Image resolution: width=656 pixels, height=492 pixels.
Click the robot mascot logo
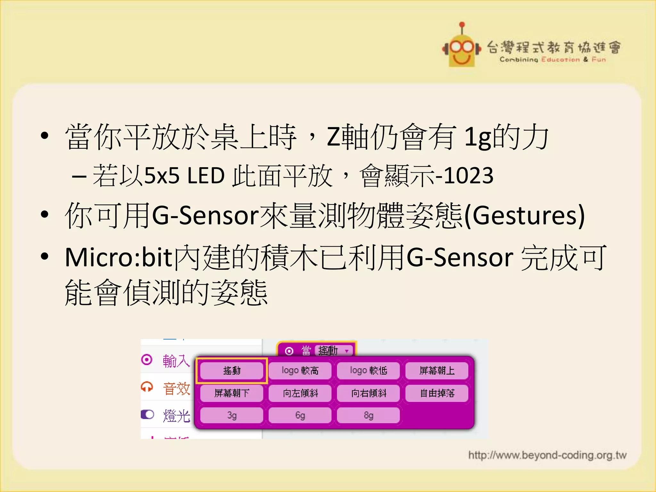point(462,48)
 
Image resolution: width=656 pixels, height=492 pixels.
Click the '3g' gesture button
point(232,415)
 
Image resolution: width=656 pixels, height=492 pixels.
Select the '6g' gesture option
point(300,415)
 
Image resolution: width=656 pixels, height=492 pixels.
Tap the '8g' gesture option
point(368,415)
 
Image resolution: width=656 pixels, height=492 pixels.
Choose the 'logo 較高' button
point(300,371)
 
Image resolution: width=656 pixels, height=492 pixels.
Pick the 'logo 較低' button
point(368,371)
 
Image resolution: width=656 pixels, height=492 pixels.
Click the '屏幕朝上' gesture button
point(437,371)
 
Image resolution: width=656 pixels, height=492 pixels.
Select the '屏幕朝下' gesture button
point(232,393)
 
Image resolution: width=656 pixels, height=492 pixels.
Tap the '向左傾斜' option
point(300,393)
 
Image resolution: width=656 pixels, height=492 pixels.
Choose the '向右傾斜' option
point(368,393)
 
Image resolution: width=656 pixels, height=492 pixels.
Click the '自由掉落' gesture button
point(437,393)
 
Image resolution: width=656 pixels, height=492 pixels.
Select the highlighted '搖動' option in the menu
point(232,371)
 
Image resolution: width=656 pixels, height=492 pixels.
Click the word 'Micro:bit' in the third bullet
point(119,258)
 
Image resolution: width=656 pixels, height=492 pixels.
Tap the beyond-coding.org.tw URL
point(547,455)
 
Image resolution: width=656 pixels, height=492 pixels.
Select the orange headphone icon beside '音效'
point(147,387)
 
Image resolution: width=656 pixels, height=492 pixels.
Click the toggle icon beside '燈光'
point(147,414)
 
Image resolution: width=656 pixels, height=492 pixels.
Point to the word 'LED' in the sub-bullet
point(206,176)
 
